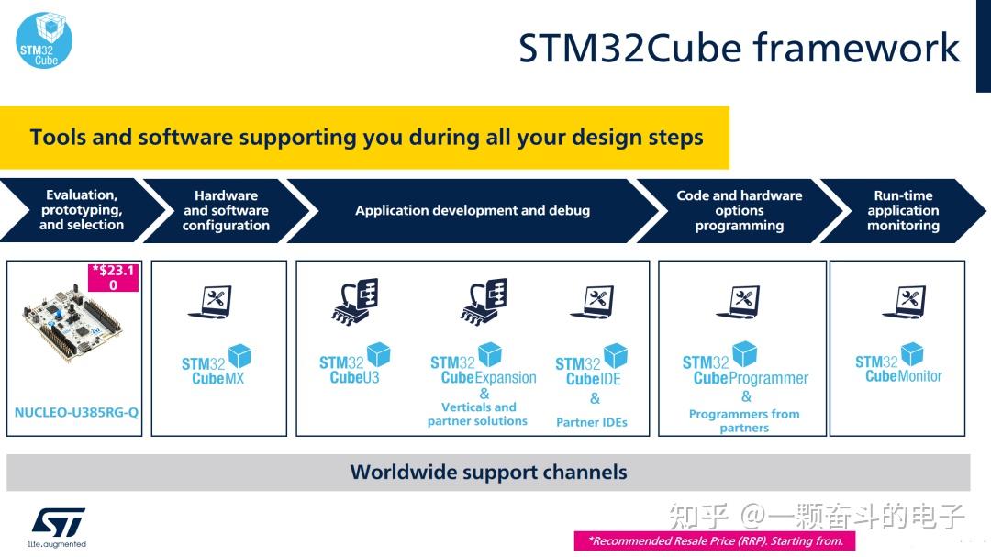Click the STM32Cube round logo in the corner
pos(44,40)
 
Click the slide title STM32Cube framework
pos(739,48)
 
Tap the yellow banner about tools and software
pos(365,138)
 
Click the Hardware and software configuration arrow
pos(226,210)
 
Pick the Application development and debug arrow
pos(473,210)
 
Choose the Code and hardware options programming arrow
pos(739,210)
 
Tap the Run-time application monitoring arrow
pos(903,210)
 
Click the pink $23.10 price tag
pos(113,278)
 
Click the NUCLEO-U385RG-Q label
pos(76,413)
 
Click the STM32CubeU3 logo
pos(354,363)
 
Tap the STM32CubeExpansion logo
pos(483,364)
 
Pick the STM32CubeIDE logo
pos(591,365)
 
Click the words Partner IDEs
pos(592,422)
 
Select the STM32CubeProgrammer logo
pos(745,364)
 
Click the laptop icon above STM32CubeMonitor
pos(903,303)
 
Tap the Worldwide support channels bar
pos(488,473)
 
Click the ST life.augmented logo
pos(59,526)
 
